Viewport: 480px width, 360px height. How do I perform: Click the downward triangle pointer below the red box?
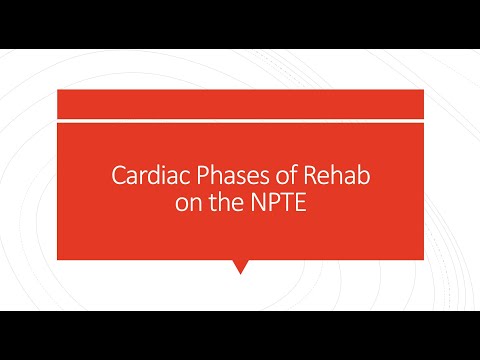coord(239,266)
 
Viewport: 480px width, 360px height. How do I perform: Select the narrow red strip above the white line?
coord(240,103)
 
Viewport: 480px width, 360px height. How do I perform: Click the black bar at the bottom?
coord(240,335)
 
